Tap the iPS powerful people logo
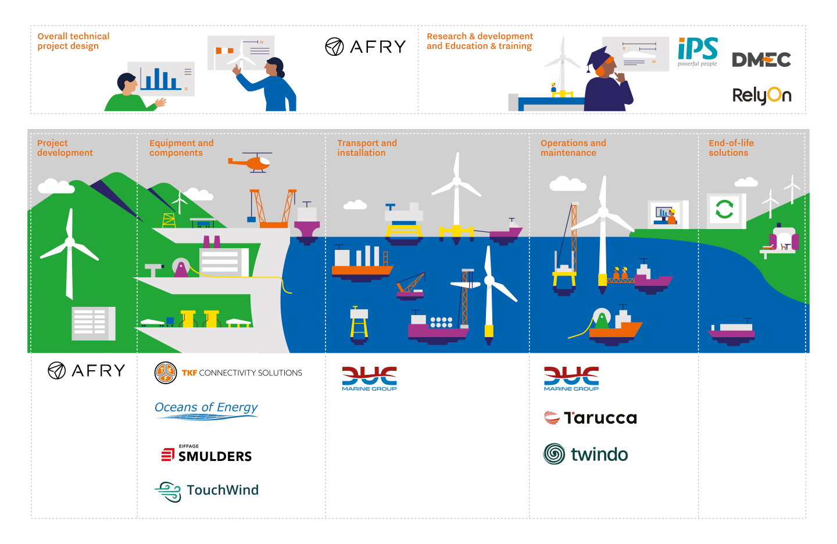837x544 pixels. coord(697,52)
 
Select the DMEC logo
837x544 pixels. coord(761,60)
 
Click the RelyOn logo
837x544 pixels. coord(761,95)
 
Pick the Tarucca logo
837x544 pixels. coord(591,418)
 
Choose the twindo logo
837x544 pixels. coord(586,454)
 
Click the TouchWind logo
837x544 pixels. coord(207,491)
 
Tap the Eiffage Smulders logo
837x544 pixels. coord(207,454)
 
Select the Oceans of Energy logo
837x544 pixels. coord(206,409)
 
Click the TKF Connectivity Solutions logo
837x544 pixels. coord(228,373)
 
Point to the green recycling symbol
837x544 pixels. coord(724,209)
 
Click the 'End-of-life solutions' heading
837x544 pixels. coord(731,148)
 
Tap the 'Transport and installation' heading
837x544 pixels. coord(367,148)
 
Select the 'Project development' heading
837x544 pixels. coord(65,148)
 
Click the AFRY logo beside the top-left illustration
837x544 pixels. coord(365,46)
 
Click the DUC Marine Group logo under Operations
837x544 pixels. coord(571,378)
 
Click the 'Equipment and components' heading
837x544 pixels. coord(181,148)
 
